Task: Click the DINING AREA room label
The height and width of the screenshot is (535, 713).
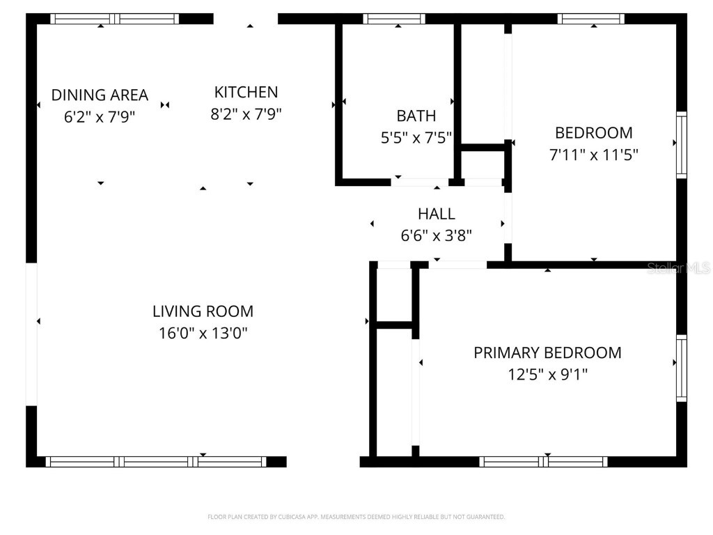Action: click(x=100, y=95)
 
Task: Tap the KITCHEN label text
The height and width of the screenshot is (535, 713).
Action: click(x=246, y=92)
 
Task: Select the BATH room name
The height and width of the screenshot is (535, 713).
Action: click(x=416, y=116)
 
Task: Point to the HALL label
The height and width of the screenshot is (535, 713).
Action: click(x=437, y=214)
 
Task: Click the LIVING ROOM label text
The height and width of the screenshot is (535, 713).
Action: click(x=203, y=311)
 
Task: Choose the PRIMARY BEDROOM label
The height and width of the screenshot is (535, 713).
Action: click(x=547, y=352)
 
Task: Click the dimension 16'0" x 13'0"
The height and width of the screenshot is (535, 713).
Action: click(x=203, y=334)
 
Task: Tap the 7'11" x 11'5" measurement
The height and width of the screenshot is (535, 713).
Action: click(x=593, y=155)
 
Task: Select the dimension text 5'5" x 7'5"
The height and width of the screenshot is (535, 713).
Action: click(x=416, y=138)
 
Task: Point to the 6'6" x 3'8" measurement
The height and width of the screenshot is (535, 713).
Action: click(x=437, y=236)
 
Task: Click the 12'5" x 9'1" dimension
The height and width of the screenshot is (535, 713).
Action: click(x=547, y=375)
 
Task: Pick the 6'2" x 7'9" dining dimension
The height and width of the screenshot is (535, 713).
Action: click(x=100, y=117)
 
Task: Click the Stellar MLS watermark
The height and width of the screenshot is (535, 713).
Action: click(x=678, y=268)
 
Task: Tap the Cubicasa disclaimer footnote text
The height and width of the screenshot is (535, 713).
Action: click(x=356, y=517)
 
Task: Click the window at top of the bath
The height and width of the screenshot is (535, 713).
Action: click(x=394, y=19)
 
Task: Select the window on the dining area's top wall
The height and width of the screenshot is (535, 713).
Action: click(x=115, y=19)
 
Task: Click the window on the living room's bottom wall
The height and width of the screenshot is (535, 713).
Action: click(x=156, y=461)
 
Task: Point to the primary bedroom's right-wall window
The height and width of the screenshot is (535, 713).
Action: click(x=682, y=369)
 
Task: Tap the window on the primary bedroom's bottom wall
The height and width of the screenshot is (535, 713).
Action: click(x=543, y=461)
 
